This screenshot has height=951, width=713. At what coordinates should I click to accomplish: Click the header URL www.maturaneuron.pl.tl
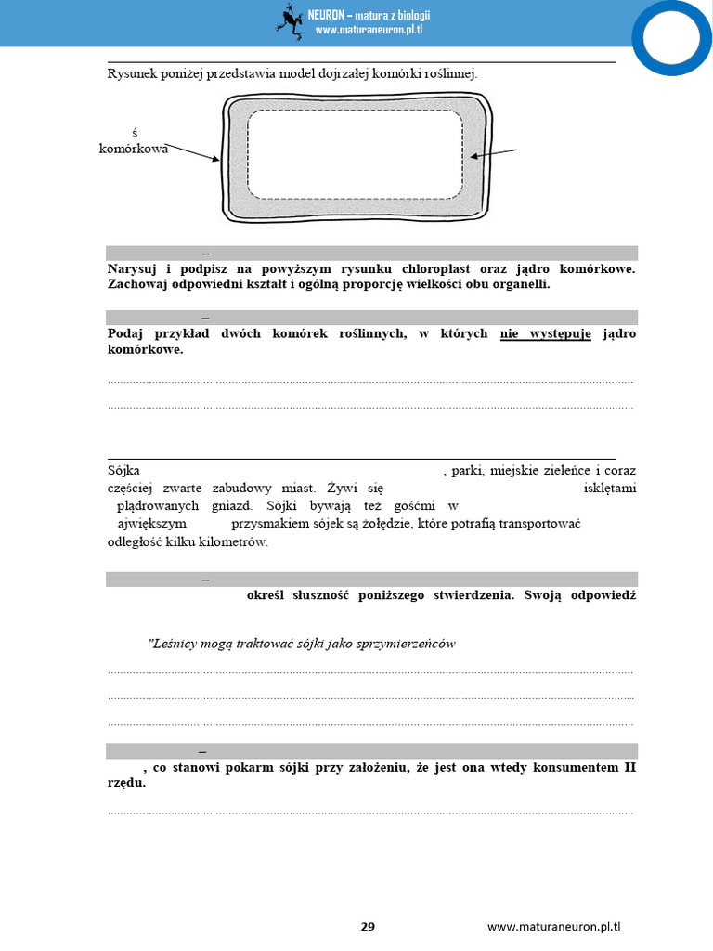tap(369, 31)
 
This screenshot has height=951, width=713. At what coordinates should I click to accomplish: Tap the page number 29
tap(368, 927)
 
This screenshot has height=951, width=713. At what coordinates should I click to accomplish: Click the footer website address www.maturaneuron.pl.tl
tap(553, 927)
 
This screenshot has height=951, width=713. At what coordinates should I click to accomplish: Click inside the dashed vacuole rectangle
tap(356, 153)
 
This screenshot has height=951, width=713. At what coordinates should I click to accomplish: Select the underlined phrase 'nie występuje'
tap(545, 333)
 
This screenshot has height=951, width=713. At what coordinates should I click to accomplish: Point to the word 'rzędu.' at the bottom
tap(126, 783)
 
